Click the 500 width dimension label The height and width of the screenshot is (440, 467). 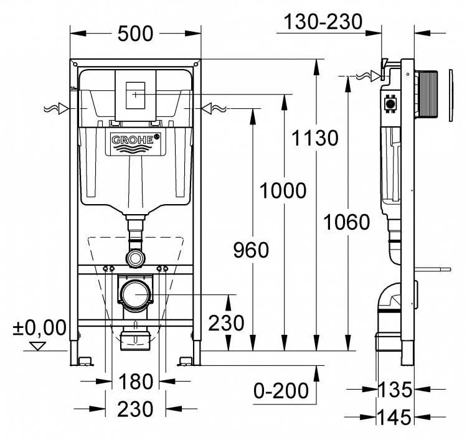[x=135, y=34]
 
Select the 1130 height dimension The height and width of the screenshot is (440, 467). [x=315, y=138]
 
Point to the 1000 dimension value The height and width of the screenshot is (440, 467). [x=283, y=190]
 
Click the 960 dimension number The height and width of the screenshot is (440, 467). [x=251, y=250]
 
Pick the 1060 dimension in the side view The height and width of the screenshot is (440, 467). [x=347, y=222]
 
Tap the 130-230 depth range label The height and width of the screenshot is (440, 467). [x=323, y=21]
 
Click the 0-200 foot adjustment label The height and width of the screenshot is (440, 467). [x=281, y=391]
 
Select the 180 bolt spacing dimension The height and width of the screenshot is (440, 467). [x=136, y=381]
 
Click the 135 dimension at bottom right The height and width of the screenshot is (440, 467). [x=395, y=390]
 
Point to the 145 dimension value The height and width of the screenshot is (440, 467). [x=395, y=417]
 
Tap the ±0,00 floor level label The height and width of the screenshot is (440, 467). [x=39, y=327]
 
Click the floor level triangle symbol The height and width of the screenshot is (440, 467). [x=38, y=346]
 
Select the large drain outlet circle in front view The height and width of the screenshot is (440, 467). [x=136, y=295]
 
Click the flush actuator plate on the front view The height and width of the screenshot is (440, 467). [x=136, y=95]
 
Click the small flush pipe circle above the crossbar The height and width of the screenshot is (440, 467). [x=136, y=257]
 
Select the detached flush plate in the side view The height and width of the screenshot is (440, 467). [x=450, y=95]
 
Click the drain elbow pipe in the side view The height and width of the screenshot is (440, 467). [x=388, y=297]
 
